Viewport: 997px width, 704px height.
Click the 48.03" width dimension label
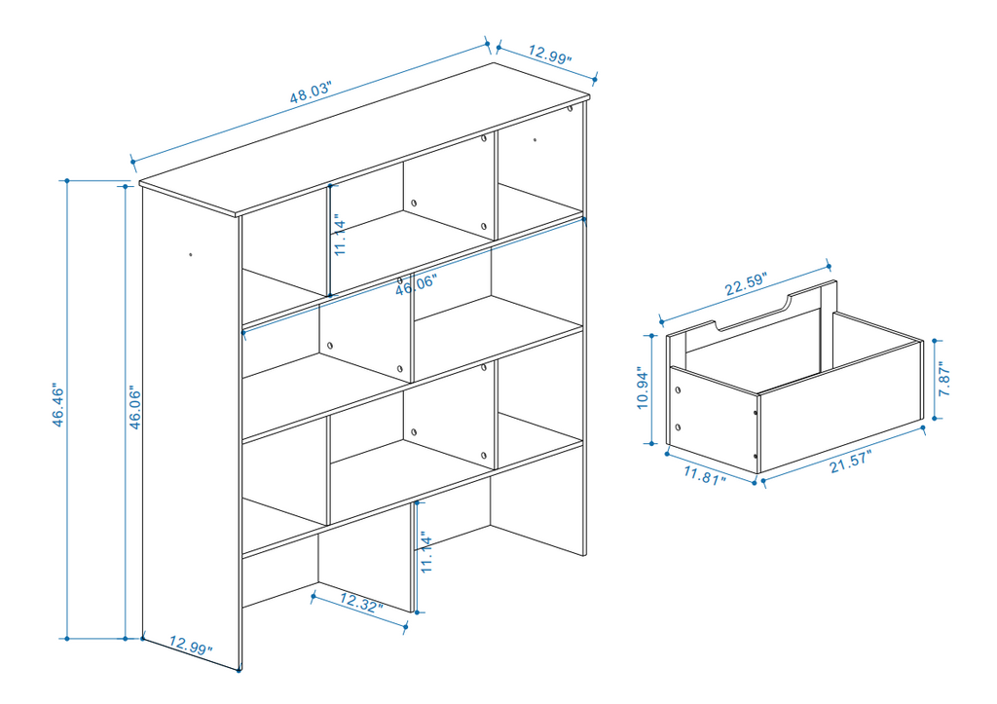tap(311, 93)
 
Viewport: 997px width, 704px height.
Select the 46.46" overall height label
tap(57, 404)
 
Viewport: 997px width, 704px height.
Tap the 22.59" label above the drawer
tap(746, 284)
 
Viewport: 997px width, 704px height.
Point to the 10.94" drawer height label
tap(643, 388)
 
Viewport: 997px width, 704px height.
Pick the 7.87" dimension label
tap(943, 379)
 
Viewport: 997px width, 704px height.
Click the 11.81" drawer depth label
tap(705, 475)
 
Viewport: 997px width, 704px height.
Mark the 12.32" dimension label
tap(361, 602)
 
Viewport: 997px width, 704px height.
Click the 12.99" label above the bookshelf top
tap(550, 55)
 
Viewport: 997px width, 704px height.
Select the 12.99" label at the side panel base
tap(191, 646)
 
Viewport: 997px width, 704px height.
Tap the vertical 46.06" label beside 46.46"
tap(134, 407)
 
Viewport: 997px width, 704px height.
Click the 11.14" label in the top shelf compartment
tap(340, 235)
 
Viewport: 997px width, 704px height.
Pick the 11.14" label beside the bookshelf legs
tap(426, 552)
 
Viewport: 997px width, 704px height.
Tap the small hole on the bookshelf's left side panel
tap(191, 255)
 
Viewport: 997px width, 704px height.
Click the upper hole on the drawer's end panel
tap(678, 389)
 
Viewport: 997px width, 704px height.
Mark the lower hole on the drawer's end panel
tap(678, 427)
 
